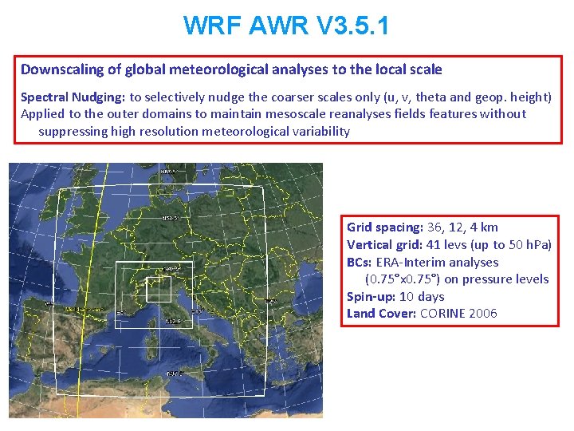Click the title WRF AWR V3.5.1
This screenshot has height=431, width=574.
tap(286, 26)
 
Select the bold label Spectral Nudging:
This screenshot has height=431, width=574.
tap(73, 97)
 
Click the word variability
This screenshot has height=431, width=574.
tap(319, 131)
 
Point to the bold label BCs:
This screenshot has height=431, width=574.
tap(360, 263)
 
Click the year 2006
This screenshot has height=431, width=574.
tap(484, 314)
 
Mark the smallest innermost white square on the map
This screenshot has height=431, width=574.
tap(159, 287)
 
